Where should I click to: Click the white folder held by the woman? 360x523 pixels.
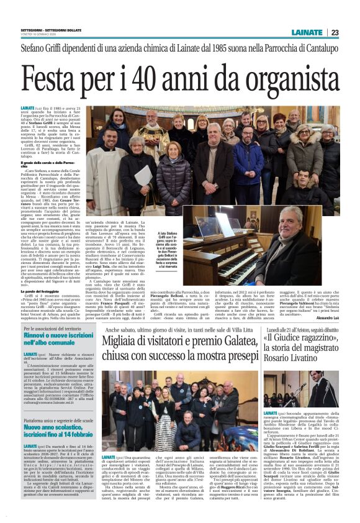[144, 175]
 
